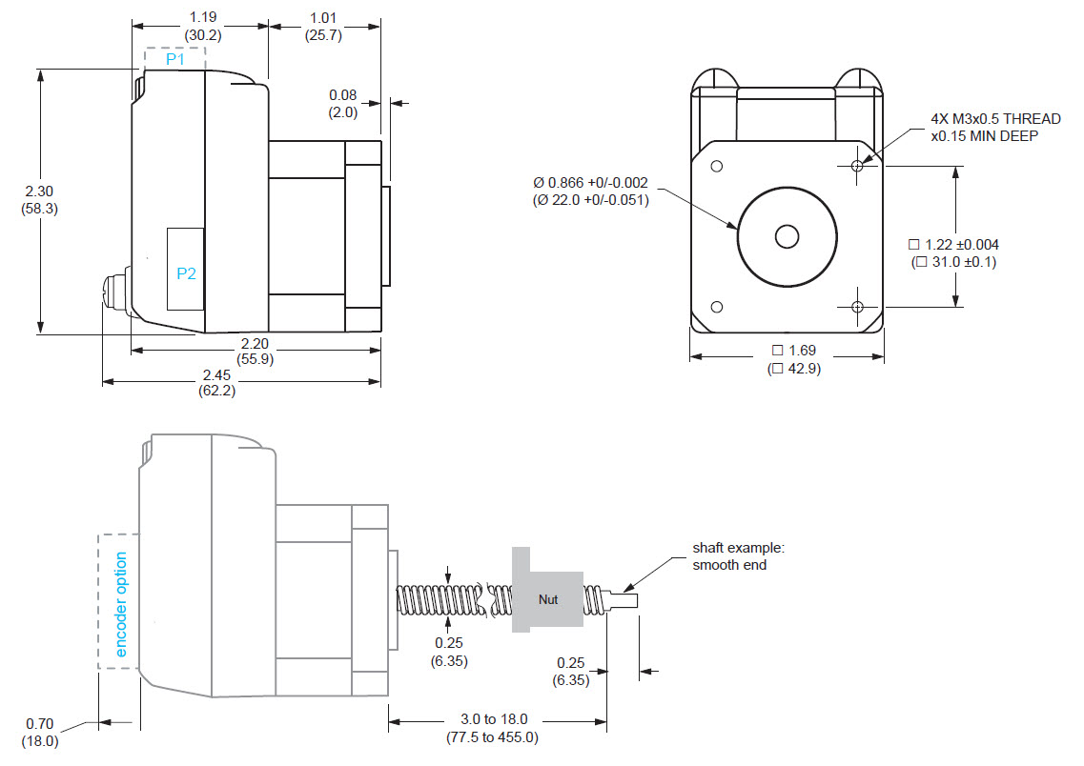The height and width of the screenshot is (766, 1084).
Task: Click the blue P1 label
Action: [x=174, y=59]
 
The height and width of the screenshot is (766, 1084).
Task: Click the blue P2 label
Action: [x=186, y=273]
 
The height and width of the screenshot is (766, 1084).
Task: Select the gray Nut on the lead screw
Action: [x=547, y=599]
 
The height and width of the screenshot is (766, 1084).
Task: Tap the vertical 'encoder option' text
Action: [x=121, y=604]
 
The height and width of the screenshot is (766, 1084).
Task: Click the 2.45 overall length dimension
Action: [x=216, y=374]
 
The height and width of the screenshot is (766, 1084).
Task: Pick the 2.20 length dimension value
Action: [x=255, y=343]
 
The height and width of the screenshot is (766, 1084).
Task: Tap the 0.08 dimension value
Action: [x=342, y=95]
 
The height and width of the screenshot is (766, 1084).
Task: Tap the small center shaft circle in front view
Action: [x=787, y=236]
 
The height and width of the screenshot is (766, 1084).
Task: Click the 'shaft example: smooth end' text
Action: [x=738, y=556]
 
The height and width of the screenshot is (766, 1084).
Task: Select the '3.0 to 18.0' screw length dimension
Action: [x=496, y=719]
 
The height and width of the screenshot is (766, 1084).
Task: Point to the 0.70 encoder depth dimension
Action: [x=40, y=723]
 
